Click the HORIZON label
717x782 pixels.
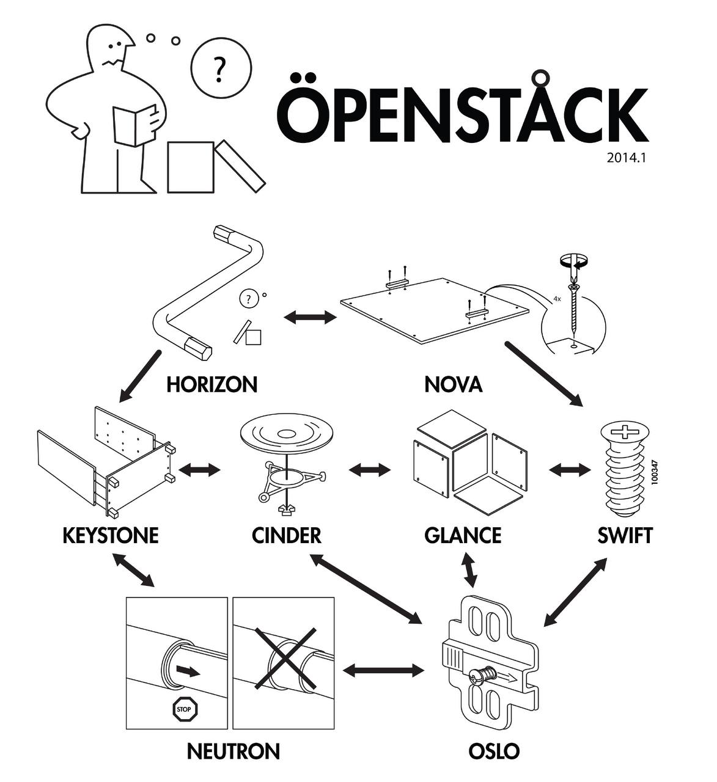(211, 384)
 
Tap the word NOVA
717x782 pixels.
(453, 384)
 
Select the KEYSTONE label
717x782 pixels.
(111, 535)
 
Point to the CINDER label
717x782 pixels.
(286, 535)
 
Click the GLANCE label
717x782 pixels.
(463, 535)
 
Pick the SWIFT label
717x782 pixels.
(625, 535)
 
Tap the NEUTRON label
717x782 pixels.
(233, 751)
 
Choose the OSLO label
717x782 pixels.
(494, 751)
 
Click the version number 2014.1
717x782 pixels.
(627, 158)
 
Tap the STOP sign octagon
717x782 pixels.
(183, 709)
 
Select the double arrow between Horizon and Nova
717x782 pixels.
(311, 317)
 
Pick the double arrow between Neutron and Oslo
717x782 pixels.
(383, 670)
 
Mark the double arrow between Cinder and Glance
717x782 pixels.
(370, 470)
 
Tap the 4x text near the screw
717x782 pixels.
(557, 299)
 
